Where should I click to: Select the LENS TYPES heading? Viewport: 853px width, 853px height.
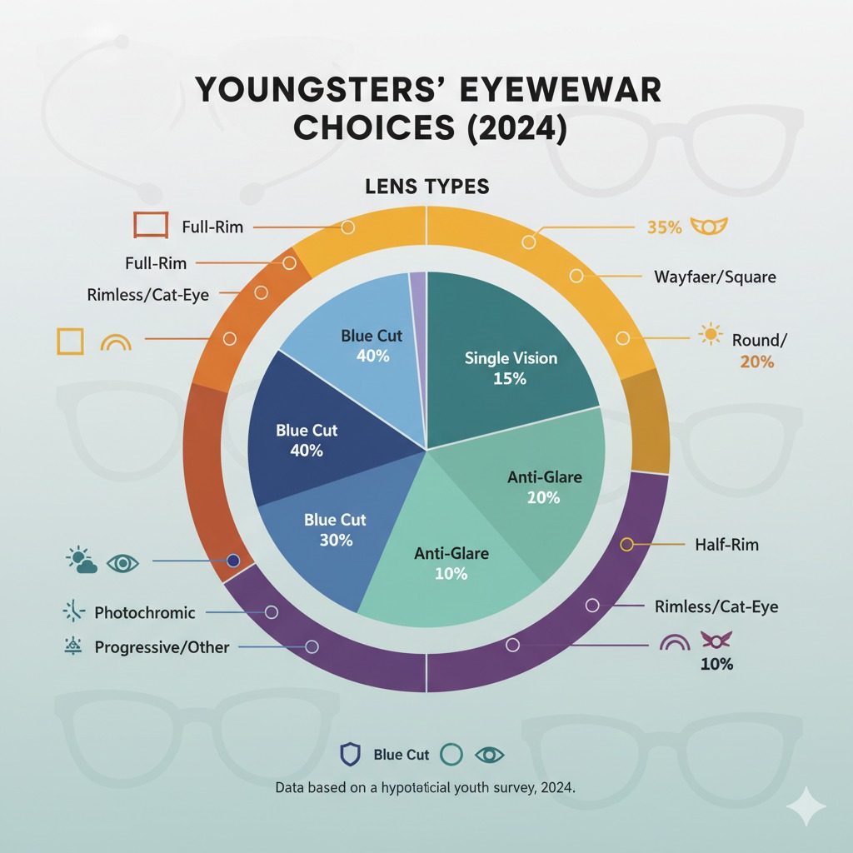point(426,187)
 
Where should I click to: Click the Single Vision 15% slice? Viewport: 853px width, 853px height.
point(510,350)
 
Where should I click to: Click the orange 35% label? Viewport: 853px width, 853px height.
point(664,227)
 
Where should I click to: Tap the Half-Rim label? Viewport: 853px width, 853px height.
point(726,545)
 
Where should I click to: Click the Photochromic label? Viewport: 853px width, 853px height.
point(145,613)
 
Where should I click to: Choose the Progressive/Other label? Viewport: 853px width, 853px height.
point(162,647)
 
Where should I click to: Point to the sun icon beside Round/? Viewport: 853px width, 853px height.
point(710,335)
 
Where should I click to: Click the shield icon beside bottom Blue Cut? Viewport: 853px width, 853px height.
point(350,755)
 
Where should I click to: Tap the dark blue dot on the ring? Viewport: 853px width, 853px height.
point(233,561)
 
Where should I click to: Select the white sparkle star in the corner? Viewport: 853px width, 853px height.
point(806,806)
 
